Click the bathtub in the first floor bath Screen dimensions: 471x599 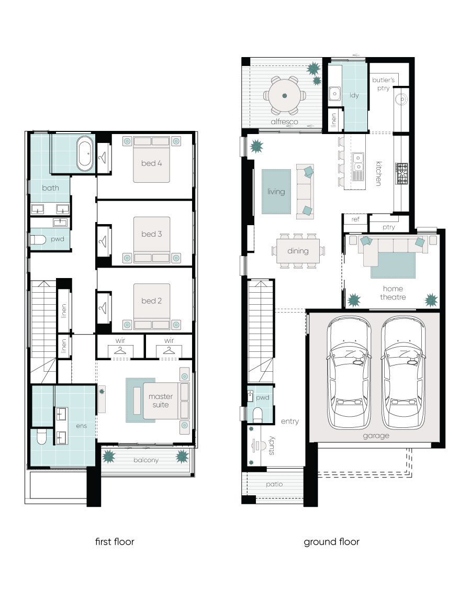click(x=85, y=153)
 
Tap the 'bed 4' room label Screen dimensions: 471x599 click(x=152, y=163)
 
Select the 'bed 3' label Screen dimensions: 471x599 click(x=152, y=234)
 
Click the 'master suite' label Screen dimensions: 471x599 click(x=161, y=401)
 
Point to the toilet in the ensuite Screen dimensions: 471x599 click(x=41, y=437)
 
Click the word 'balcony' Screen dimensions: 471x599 click(x=146, y=460)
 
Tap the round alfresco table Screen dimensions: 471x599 click(x=284, y=95)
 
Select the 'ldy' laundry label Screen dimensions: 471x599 click(x=354, y=95)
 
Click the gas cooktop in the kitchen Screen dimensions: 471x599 click(x=401, y=174)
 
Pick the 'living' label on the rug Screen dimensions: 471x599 click(x=276, y=192)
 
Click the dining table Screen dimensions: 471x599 click(x=298, y=251)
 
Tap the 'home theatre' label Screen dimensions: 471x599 click(x=392, y=293)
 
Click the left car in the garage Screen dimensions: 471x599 click(x=349, y=373)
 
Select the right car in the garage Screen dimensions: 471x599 click(x=403, y=373)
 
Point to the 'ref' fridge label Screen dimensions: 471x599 click(x=355, y=219)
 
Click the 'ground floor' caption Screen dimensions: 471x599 click(x=332, y=542)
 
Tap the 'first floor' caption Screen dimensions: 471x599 click(x=115, y=542)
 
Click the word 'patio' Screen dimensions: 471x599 click(x=274, y=484)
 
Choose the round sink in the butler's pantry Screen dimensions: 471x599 click(x=401, y=99)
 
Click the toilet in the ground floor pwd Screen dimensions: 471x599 click(x=258, y=415)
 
